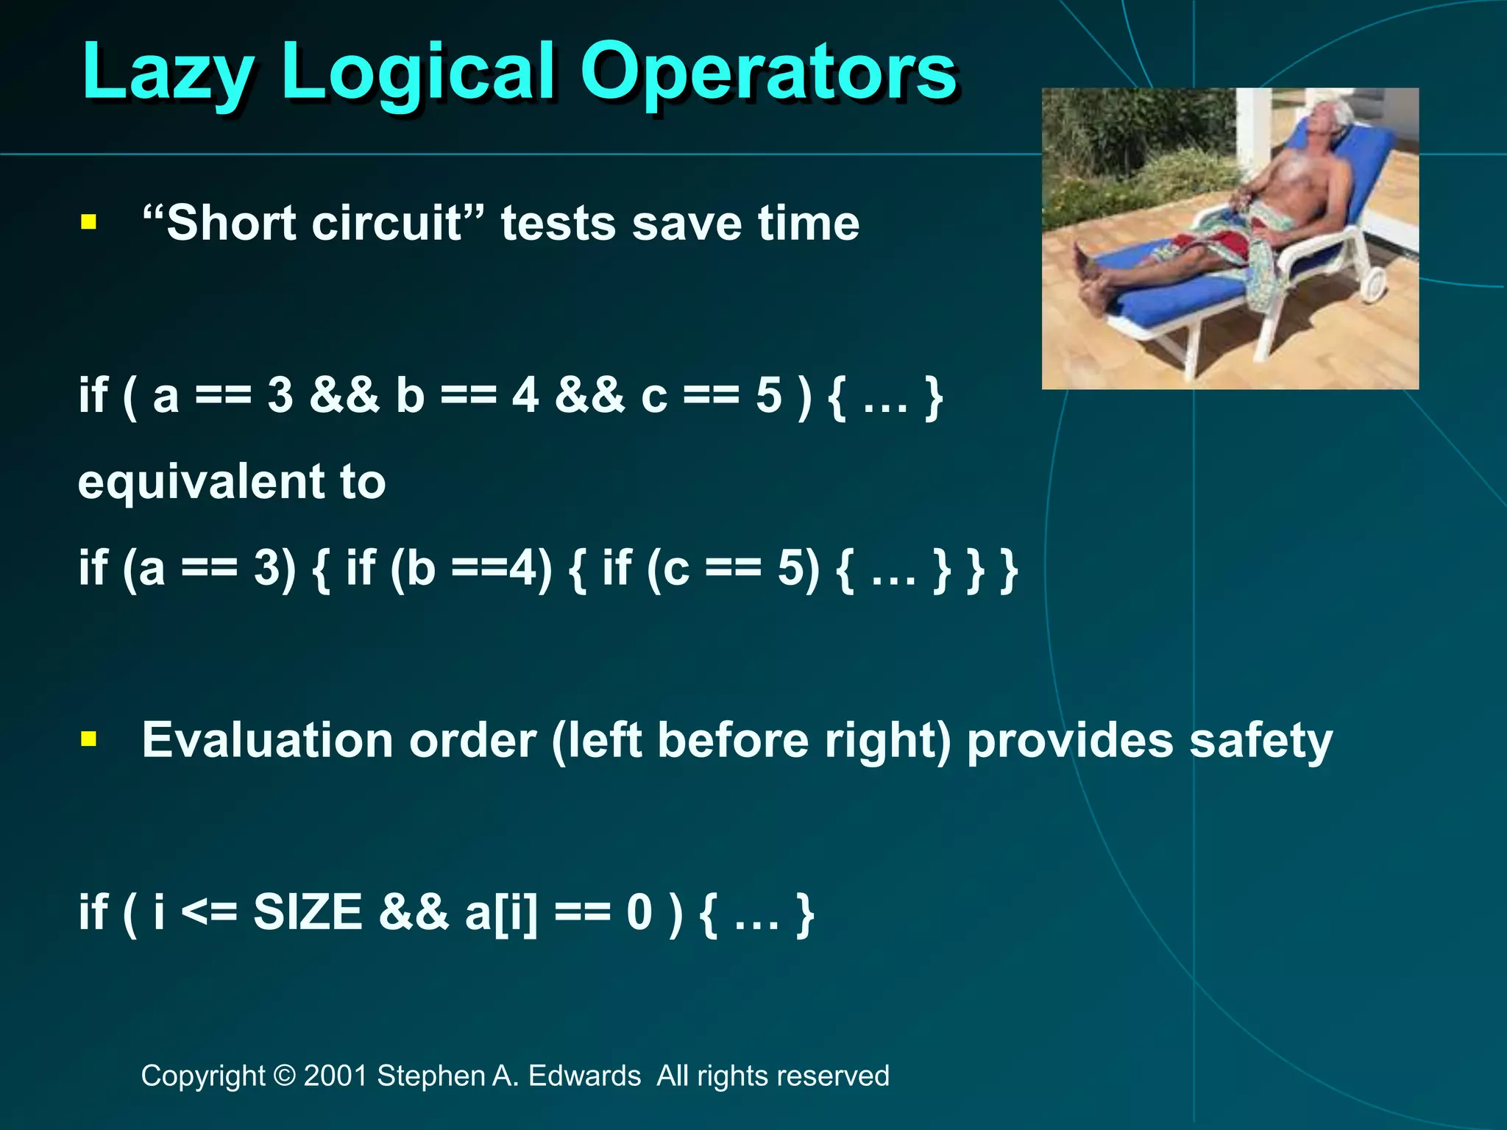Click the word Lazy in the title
168,71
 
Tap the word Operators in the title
768,71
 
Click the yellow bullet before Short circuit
89,222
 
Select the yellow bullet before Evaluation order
89,739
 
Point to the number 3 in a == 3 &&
280,396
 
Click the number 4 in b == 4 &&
525,396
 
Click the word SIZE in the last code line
308,912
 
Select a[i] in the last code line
501,912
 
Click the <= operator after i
209,912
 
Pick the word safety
1260,740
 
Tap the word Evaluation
266,739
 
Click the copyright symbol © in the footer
283,1076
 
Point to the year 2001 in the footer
336,1076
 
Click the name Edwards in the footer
584,1076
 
